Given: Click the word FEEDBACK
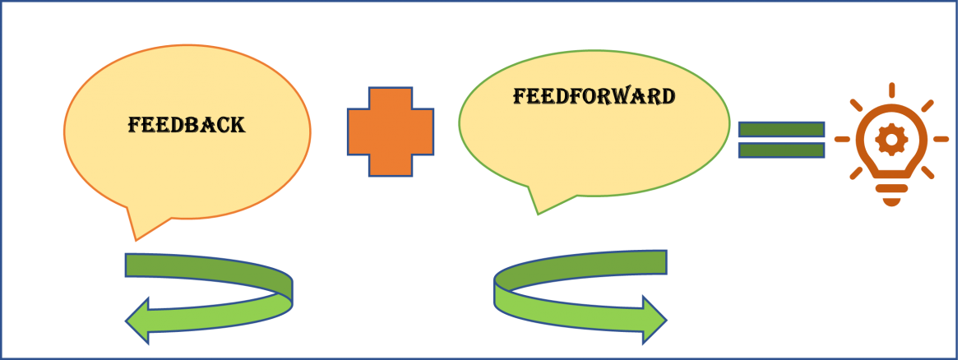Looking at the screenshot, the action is pyautogui.click(x=187, y=125).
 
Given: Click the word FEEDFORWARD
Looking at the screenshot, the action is pyautogui.click(x=594, y=96).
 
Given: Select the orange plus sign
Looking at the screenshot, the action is pyautogui.click(x=391, y=132).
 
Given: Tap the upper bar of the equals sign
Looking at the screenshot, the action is pyautogui.click(x=781, y=129).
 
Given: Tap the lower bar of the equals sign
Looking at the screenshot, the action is pyautogui.click(x=781, y=150).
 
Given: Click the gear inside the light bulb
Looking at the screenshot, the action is pyautogui.click(x=891, y=140).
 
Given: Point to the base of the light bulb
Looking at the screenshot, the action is pyautogui.click(x=891, y=195).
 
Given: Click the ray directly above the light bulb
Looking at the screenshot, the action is pyautogui.click(x=891, y=90).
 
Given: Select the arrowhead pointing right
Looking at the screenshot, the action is pyautogui.click(x=654, y=320).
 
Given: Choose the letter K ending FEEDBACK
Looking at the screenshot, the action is pyautogui.click(x=238, y=125).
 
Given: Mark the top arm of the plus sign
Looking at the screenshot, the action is pyautogui.click(x=391, y=98).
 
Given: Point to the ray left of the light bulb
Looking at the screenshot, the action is pyautogui.click(x=842, y=139).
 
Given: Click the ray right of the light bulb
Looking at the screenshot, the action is pyautogui.click(x=941, y=139).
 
